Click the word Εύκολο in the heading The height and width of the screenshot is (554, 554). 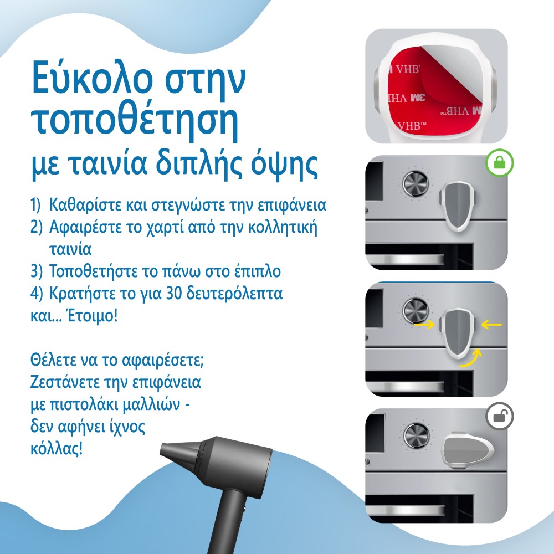click(91, 76)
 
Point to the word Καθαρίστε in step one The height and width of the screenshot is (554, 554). click(84, 205)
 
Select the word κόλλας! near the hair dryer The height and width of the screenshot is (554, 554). click(57, 449)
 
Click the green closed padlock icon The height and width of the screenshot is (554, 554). click(500, 163)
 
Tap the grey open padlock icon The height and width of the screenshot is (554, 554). click(500, 416)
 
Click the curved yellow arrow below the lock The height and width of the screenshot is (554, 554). click(471, 358)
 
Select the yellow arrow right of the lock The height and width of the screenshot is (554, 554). click(491, 324)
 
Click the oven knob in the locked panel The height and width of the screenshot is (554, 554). click(416, 184)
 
